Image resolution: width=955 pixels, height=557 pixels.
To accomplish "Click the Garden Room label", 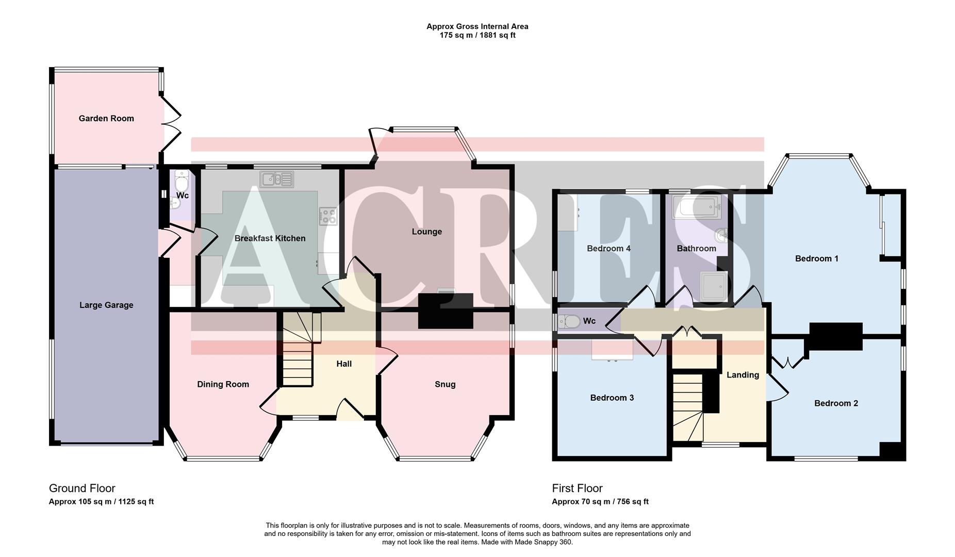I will [106, 119].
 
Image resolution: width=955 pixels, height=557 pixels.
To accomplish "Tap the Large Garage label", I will [106, 305].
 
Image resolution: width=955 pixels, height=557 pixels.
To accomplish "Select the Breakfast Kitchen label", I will [270, 238].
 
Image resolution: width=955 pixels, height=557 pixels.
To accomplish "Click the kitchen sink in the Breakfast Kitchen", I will [277, 179].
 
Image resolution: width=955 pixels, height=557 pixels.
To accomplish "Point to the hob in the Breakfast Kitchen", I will [328, 216].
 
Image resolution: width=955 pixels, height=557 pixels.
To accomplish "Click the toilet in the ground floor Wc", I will [181, 183].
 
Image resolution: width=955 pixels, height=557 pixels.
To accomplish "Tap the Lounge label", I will [426, 232].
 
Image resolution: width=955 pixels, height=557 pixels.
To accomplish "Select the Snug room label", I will [445, 384].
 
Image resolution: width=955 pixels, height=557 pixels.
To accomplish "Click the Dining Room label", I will [223, 384].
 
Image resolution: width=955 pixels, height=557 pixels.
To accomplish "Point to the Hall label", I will [344, 364].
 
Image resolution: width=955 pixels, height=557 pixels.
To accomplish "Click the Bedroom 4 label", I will [608, 249].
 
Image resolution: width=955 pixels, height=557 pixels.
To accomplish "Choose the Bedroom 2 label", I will [836, 403].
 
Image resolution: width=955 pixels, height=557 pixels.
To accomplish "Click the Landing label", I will [743, 375].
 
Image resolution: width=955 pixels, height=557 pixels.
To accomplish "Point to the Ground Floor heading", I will [82, 488].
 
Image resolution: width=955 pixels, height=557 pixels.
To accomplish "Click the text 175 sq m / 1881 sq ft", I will [477, 36].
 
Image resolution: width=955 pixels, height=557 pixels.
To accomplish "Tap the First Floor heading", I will [577, 488].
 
